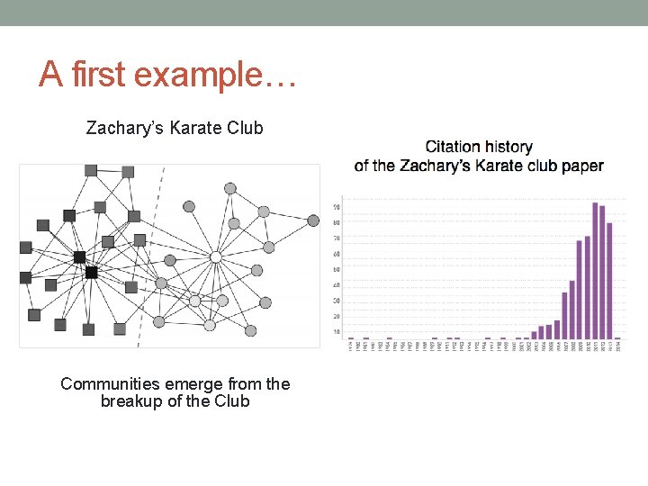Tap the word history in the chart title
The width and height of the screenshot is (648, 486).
pos(509,147)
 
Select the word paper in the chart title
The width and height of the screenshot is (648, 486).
pos(584,166)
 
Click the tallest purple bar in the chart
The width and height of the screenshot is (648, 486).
pos(595,270)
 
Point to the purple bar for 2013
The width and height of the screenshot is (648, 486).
pos(609,280)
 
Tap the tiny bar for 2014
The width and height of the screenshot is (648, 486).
pos(617,337)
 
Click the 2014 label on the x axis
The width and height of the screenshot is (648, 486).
pos(617,346)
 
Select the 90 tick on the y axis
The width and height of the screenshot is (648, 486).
pos(337,208)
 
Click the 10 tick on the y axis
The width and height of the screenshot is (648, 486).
pos(337,332)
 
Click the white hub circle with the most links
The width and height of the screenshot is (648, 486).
pos(215,257)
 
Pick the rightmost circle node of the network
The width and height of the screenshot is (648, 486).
pos(313,220)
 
